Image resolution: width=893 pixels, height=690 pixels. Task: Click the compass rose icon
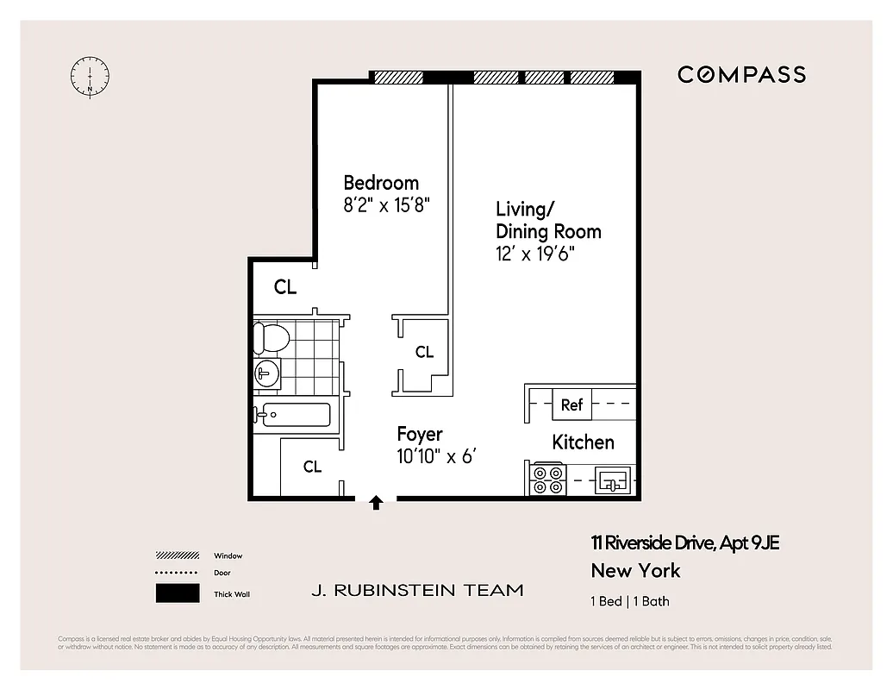pyautogui.click(x=90, y=76)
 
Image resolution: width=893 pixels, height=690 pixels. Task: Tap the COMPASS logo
pyautogui.click(x=741, y=75)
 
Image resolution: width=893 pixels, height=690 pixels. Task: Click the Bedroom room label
pyautogui.click(x=381, y=183)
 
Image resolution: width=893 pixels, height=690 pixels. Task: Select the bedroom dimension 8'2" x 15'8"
pyautogui.click(x=386, y=205)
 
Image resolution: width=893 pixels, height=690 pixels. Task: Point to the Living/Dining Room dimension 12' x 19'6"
pyautogui.click(x=534, y=254)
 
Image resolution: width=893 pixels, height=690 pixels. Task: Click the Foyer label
pyautogui.click(x=420, y=434)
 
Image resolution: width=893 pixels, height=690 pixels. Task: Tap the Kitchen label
pyautogui.click(x=583, y=442)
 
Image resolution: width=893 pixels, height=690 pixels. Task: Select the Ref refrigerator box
pyautogui.click(x=571, y=405)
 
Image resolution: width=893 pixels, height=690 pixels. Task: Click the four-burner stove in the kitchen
pyautogui.click(x=546, y=479)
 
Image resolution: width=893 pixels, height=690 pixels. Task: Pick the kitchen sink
pyautogui.click(x=613, y=480)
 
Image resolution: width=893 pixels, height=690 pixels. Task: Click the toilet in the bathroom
pyautogui.click(x=271, y=337)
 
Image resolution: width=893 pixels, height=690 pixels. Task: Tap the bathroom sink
pyautogui.click(x=266, y=373)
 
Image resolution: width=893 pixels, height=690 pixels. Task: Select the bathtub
pyautogui.click(x=293, y=415)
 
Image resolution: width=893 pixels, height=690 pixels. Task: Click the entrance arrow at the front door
pyautogui.click(x=376, y=503)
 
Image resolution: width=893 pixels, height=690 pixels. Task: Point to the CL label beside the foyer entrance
pyautogui.click(x=312, y=467)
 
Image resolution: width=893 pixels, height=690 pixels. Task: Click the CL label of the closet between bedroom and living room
pyautogui.click(x=424, y=352)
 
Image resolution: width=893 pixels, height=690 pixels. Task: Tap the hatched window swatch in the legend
pyautogui.click(x=179, y=555)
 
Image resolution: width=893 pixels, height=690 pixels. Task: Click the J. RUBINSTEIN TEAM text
pyautogui.click(x=417, y=591)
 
